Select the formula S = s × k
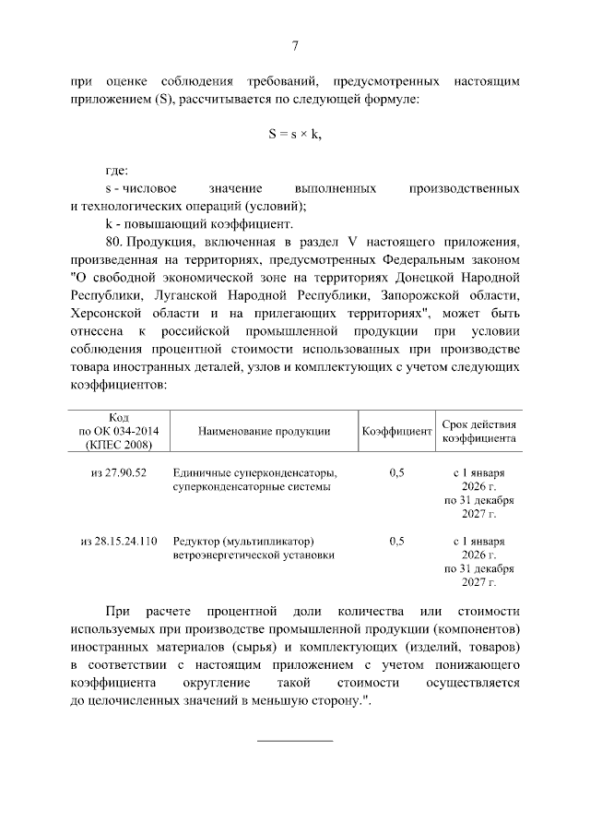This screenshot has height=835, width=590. pos(295,135)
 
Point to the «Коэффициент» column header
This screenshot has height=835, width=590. pos(396,432)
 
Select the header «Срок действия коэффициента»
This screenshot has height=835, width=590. pos(478,432)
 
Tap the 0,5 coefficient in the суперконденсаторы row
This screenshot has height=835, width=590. pos(396,472)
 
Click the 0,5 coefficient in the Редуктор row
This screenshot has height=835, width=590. pos(396,541)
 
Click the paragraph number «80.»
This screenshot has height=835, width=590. pos(115,242)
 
